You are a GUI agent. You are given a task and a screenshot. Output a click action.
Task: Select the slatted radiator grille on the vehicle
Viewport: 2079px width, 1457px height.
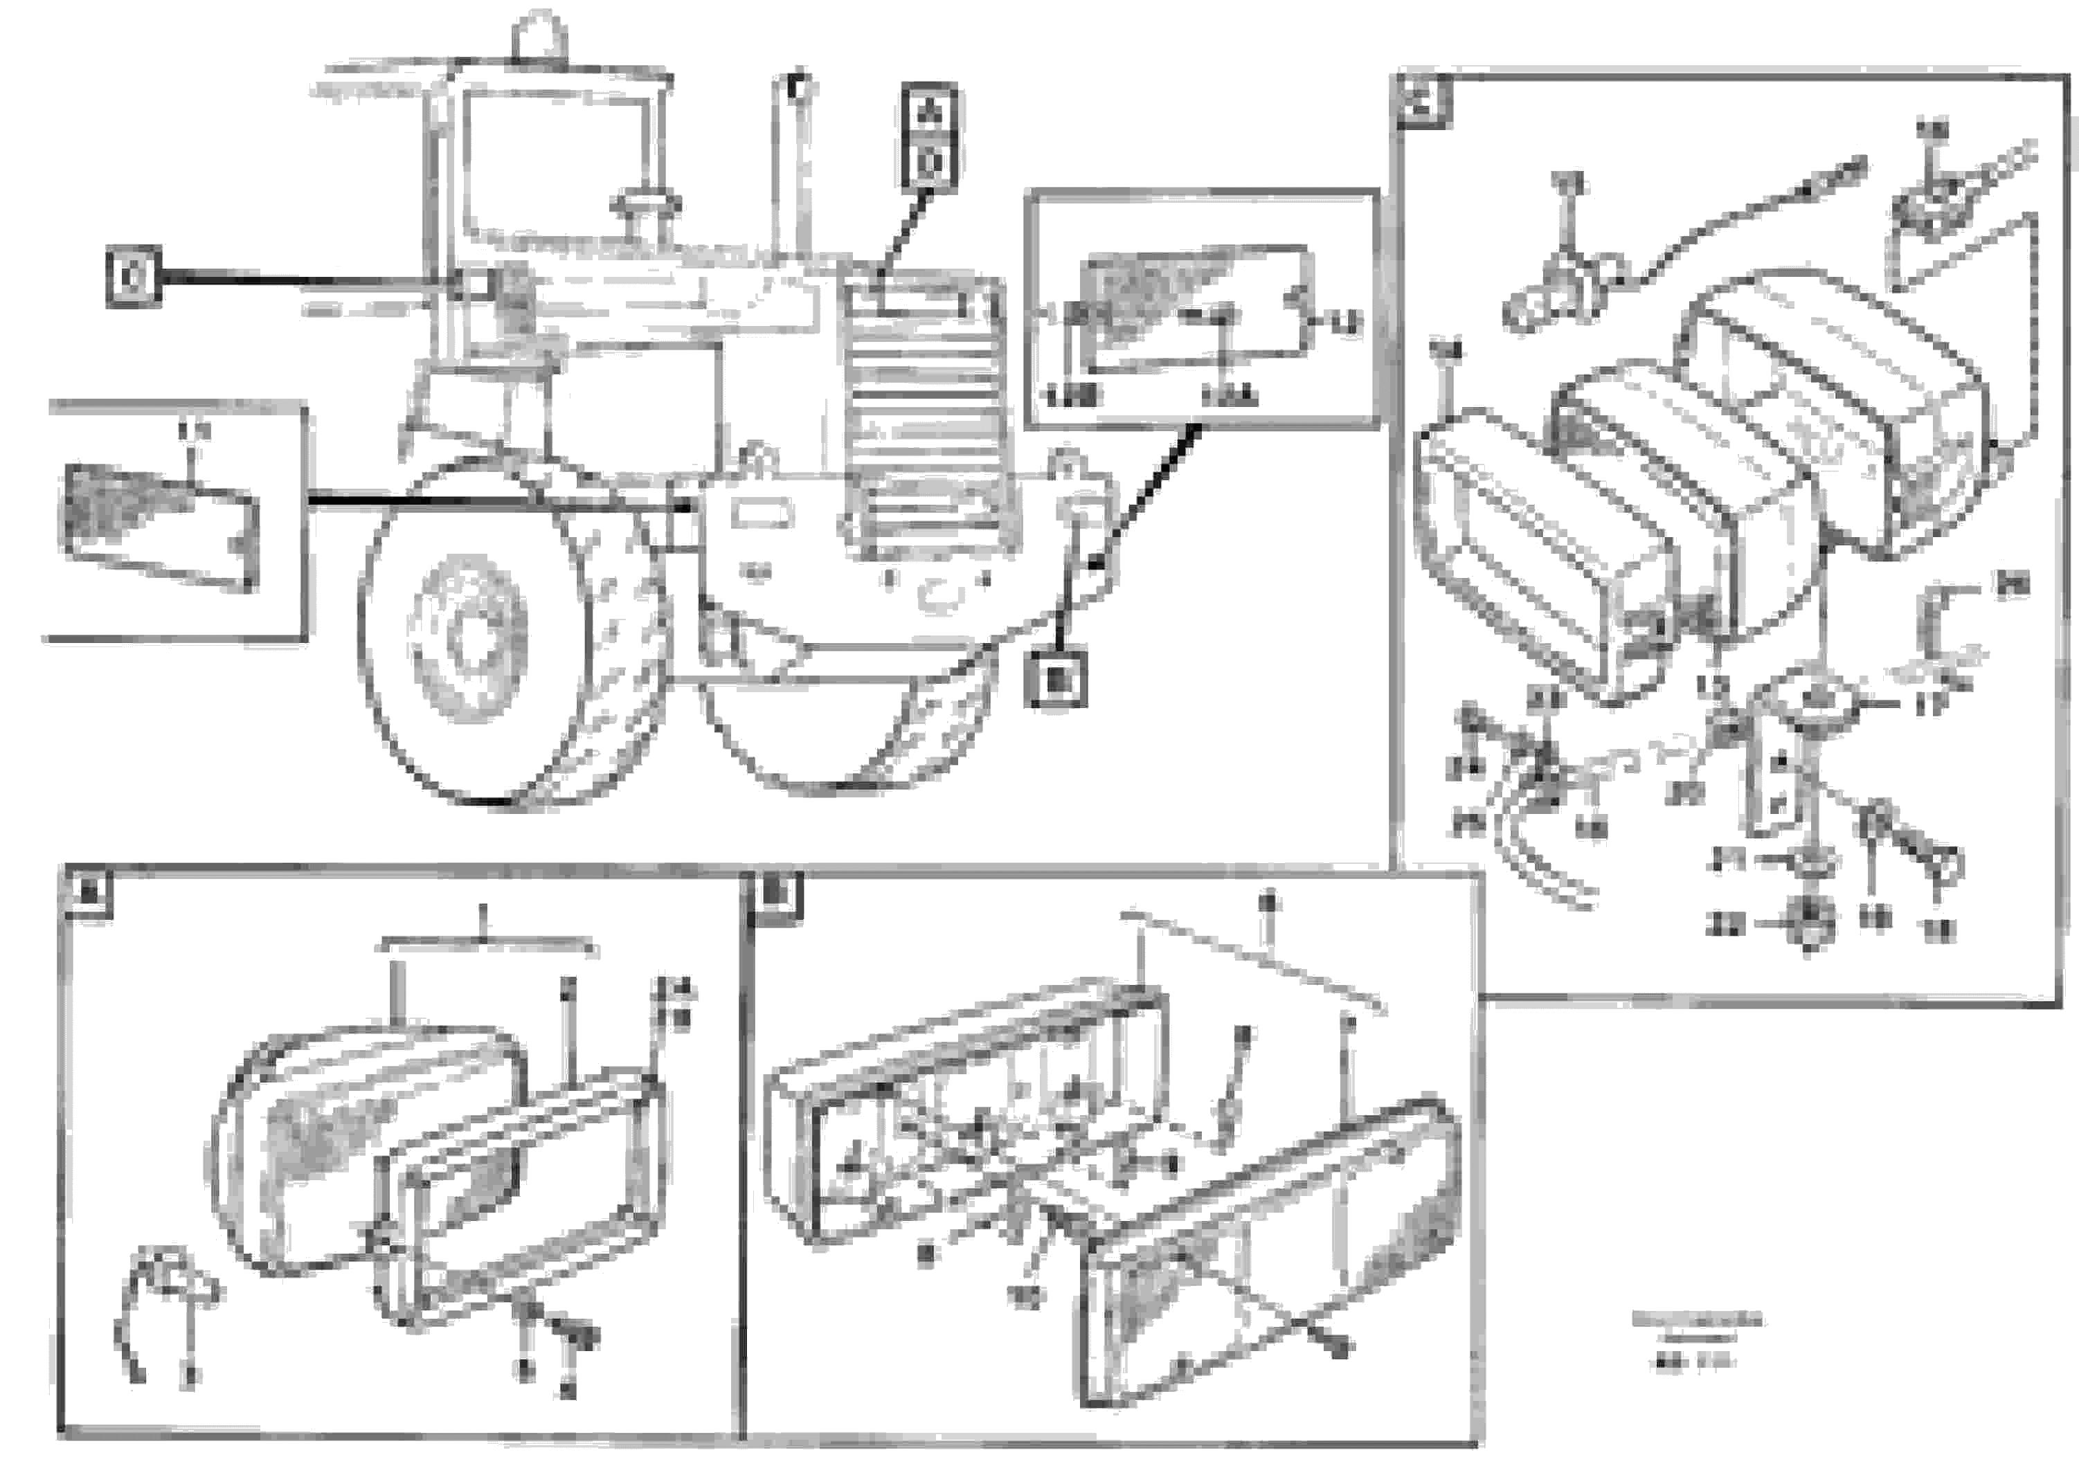point(924,417)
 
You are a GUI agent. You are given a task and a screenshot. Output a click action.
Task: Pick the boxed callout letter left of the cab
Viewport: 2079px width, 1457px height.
point(133,276)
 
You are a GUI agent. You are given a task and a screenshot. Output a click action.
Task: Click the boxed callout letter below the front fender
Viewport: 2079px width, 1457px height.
point(1056,678)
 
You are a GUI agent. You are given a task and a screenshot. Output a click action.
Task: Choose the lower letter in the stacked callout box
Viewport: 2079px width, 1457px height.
point(929,165)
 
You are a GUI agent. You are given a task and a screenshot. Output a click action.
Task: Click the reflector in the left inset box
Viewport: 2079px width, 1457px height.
point(159,523)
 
